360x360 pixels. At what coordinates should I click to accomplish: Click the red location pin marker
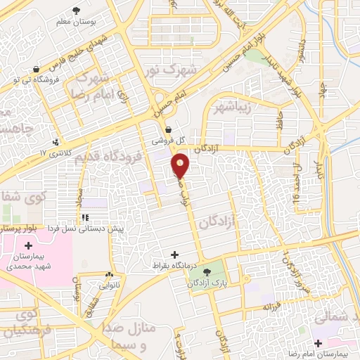pyautogui.click(x=181, y=165)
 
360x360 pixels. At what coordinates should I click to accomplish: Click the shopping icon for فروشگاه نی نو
pyautogui.click(x=35, y=69)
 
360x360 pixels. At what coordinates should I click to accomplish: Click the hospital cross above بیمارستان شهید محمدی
pyautogui.click(x=28, y=246)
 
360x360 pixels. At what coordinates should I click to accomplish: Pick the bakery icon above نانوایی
pyautogui.click(x=108, y=274)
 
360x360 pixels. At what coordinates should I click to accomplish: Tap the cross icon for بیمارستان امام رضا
pyautogui.click(x=319, y=344)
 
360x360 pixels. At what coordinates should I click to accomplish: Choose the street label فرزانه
pyautogui.click(x=272, y=307)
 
